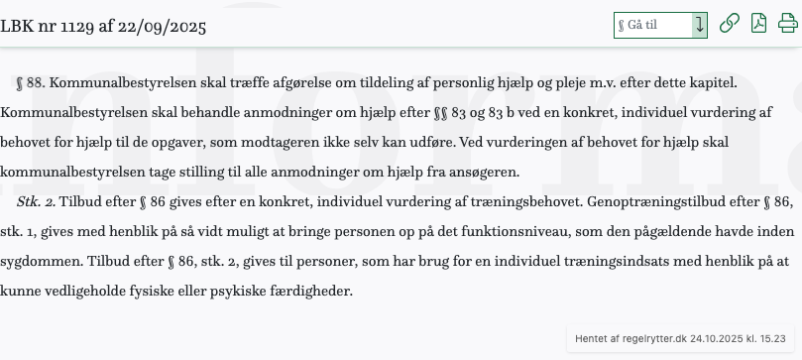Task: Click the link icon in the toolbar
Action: (x=730, y=25)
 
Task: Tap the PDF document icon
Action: (x=758, y=25)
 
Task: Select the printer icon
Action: (x=787, y=25)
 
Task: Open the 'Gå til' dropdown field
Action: (x=660, y=25)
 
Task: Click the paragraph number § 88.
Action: (x=31, y=82)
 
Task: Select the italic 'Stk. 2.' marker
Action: (x=36, y=201)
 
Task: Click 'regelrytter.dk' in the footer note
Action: (x=653, y=338)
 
